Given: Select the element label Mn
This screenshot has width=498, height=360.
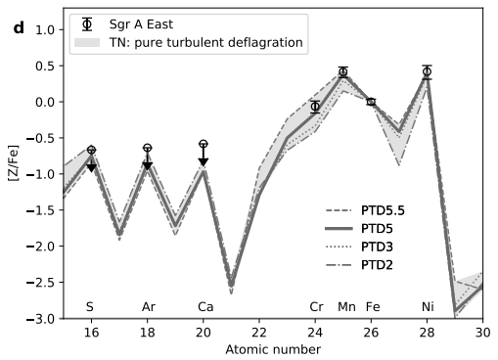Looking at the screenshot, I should [x=345, y=307].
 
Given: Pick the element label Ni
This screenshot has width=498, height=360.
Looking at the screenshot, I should [x=428, y=307].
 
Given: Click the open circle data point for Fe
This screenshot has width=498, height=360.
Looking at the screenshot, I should [x=371, y=102].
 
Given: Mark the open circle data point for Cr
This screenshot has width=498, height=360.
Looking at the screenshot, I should [x=315, y=107].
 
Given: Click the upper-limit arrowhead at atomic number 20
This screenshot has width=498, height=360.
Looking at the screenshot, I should [x=204, y=161].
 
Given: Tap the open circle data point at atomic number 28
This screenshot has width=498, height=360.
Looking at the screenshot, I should [x=427, y=71].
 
